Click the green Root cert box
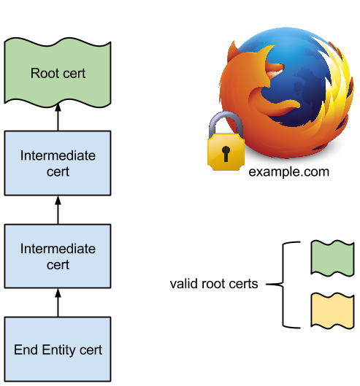[58, 73]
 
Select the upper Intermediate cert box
[58, 163]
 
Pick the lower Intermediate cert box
[58, 256]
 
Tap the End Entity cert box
[58, 349]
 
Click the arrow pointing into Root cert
[58, 117]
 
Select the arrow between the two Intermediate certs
[58, 210]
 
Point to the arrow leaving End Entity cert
[58, 303]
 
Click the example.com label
[288, 172]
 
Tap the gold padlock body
[226, 152]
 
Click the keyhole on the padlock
[226, 154]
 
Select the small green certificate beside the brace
[332, 258]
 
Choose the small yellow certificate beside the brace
[332, 311]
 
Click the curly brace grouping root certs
[283, 285]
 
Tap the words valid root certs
[214, 284]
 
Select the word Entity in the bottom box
[59, 350]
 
